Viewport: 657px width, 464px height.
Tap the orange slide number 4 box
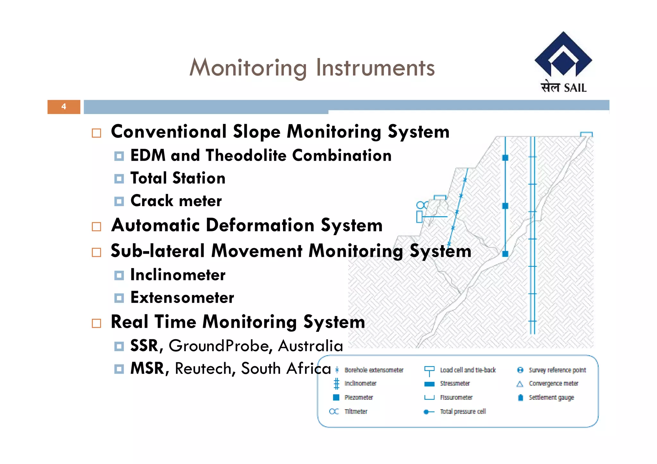pos(64,107)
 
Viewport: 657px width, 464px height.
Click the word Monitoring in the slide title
pos(248,68)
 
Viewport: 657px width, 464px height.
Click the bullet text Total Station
pos(178,178)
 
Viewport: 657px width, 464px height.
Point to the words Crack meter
pos(176,201)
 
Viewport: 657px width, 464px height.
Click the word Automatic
pos(156,225)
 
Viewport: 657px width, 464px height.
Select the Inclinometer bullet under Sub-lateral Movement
pos(178,275)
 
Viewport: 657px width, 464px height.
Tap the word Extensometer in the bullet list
pos(182,298)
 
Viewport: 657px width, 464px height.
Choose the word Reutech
pos(203,368)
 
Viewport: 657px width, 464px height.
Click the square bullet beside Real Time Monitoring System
pos(96,323)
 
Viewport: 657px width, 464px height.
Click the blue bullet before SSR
pos(119,346)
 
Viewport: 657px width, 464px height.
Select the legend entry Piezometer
pos(358,398)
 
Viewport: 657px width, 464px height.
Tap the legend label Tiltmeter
pos(356,411)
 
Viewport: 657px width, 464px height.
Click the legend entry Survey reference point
pos(557,370)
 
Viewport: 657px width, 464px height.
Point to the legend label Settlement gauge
pos(551,398)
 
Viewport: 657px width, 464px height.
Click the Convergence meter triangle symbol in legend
pos(520,384)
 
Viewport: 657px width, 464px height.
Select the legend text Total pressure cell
pos(463,411)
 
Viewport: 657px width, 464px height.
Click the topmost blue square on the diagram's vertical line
pos(505,157)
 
